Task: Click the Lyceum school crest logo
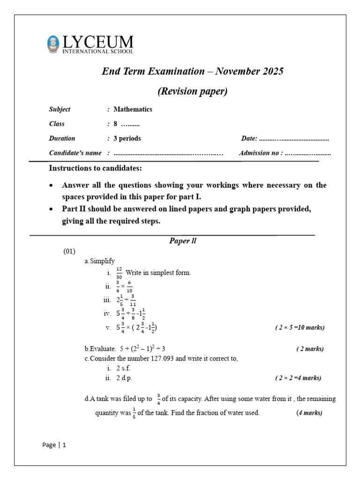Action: click(x=54, y=44)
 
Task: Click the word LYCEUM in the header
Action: click(x=97, y=42)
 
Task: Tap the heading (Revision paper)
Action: click(x=193, y=91)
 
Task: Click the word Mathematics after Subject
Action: click(x=133, y=109)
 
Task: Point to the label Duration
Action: click(x=62, y=138)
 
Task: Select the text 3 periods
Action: click(x=127, y=138)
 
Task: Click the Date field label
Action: click(x=249, y=138)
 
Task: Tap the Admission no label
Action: click(x=261, y=153)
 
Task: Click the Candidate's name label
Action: click(x=75, y=153)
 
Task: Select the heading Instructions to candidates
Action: click(x=95, y=168)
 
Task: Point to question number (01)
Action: click(x=69, y=251)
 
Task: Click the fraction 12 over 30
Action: click(x=119, y=273)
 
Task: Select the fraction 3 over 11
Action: click(x=133, y=300)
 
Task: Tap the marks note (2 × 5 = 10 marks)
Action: click(x=300, y=328)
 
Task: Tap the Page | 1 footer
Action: click(x=54, y=445)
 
